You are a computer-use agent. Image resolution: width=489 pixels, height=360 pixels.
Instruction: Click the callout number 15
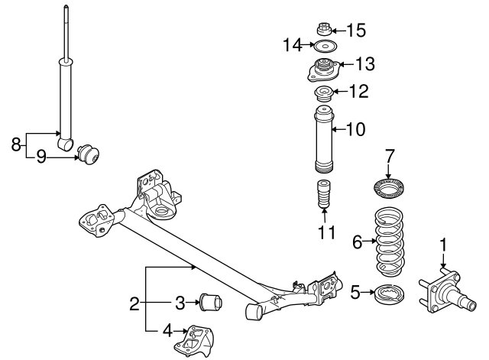coord(355,31)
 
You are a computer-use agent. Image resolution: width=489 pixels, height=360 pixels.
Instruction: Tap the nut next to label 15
coord(323,31)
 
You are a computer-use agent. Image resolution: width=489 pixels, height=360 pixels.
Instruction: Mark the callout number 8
coord(15,143)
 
